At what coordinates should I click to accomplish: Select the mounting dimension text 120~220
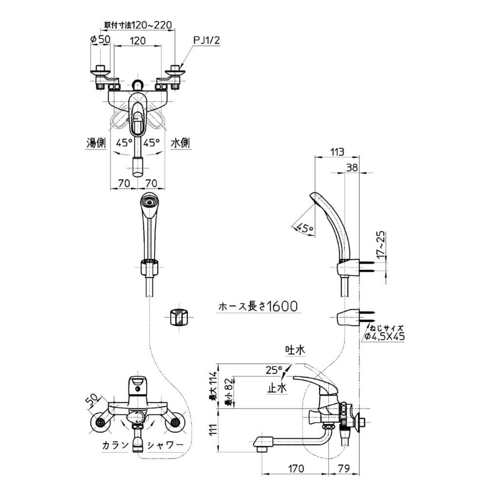point(139,24)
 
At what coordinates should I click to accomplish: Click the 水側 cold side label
point(180,143)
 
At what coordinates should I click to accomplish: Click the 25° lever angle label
point(274,370)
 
